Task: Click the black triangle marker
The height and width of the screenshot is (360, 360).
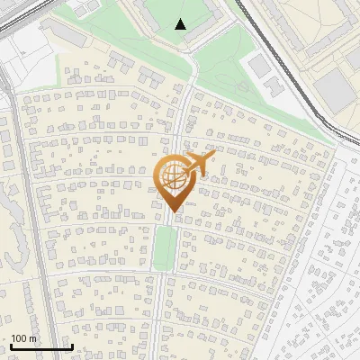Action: pos(181,24)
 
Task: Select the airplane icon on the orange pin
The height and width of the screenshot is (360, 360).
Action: pos(202,163)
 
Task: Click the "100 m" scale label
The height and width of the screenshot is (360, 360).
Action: pos(23,338)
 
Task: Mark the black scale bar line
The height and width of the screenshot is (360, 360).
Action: pos(41,346)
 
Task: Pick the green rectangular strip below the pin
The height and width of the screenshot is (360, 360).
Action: pos(164,247)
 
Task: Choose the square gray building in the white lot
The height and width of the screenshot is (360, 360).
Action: pos(257,64)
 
